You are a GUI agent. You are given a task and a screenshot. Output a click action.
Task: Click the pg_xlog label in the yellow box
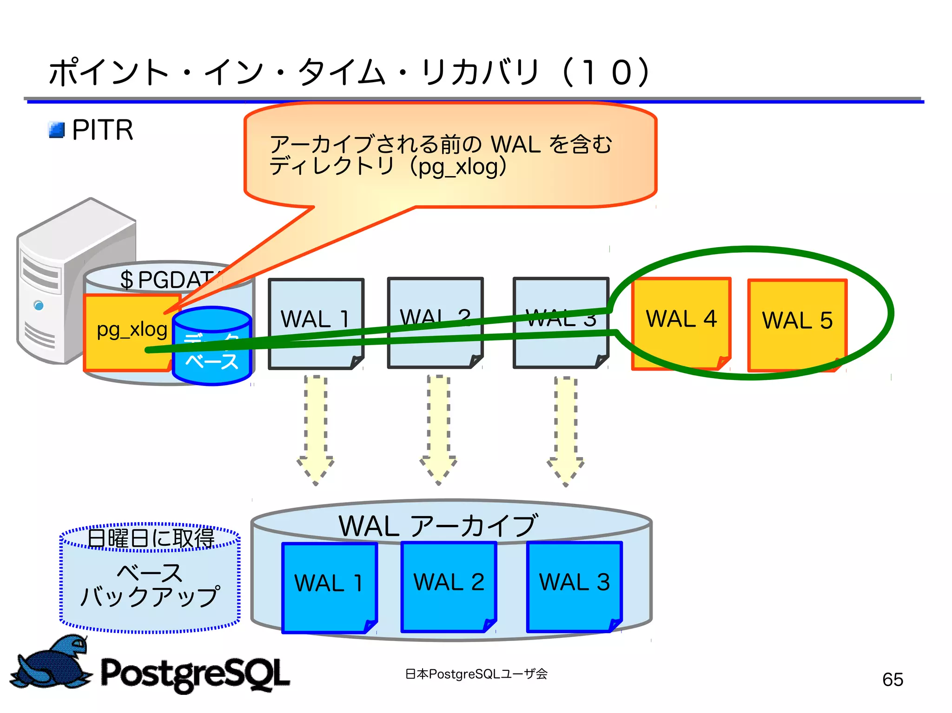tap(132, 330)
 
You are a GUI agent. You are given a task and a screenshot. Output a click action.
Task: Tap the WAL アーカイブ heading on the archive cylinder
tap(438, 526)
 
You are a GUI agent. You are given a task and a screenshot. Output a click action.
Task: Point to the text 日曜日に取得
tap(151, 538)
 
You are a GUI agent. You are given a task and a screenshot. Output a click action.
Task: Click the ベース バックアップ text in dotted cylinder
tap(150, 585)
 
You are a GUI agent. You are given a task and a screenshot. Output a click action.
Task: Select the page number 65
tap(892, 680)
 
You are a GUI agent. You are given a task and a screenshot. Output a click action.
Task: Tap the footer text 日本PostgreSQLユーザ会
tap(476, 674)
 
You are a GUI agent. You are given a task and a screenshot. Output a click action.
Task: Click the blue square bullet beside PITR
tap(57, 130)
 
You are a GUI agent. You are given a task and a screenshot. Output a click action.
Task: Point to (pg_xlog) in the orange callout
tap(458, 167)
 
